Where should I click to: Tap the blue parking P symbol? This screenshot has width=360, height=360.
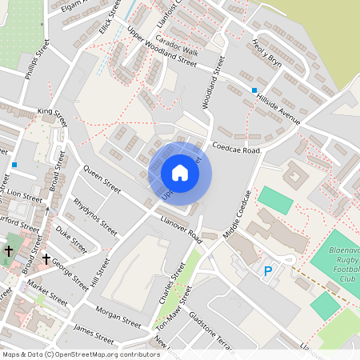point(268,272)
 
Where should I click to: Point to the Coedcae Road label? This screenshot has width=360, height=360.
point(237,149)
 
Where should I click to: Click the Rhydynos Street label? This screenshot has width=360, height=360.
point(95,213)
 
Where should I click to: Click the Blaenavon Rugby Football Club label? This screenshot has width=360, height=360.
point(346,264)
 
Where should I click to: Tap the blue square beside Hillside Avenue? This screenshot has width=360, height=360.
point(254,90)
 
